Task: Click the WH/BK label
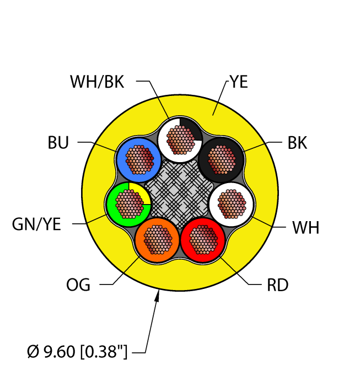(97, 82)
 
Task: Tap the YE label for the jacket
(239, 82)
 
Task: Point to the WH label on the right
(305, 227)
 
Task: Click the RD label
(277, 285)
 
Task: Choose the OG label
(79, 285)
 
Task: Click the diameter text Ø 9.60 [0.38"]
(77, 351)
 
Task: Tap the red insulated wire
(202, 238)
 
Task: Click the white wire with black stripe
(179, 140)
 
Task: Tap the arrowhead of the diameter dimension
(158, 298)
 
